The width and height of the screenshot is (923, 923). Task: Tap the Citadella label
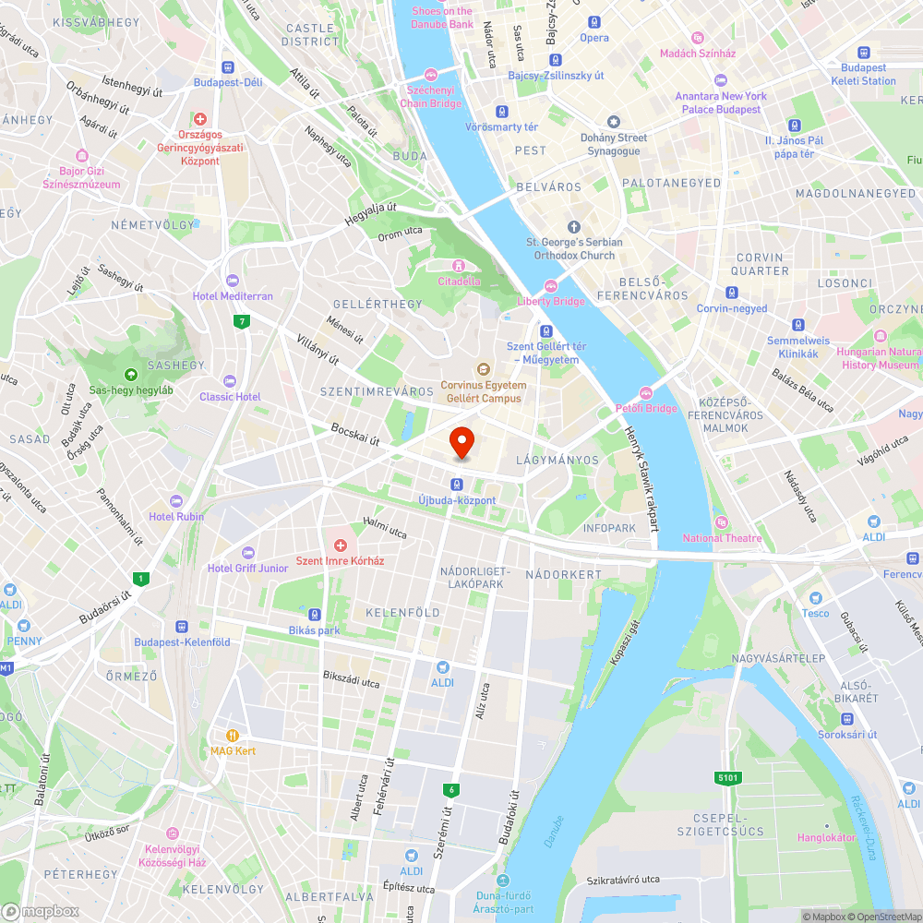coord(459,281)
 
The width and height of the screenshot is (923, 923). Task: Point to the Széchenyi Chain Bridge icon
coord(430,75)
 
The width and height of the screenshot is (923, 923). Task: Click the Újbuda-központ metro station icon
coord(457,485)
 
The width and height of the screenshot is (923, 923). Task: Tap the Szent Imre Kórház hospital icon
coord(340,546)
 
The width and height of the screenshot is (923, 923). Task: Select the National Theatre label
coord(722,538)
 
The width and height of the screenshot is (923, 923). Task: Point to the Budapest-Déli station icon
coord(228,67)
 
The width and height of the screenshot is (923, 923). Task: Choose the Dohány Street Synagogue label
coord(613,144)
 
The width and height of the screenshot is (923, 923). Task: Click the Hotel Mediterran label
coord(233,296)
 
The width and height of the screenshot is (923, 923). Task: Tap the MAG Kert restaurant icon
coord(233,736)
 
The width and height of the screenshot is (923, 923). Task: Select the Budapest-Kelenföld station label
coord(182,641)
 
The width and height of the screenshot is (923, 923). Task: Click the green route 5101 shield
coord(728,778)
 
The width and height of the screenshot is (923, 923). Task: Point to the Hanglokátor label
coord(827,837)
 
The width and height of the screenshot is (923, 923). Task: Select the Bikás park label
coord(314,630)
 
